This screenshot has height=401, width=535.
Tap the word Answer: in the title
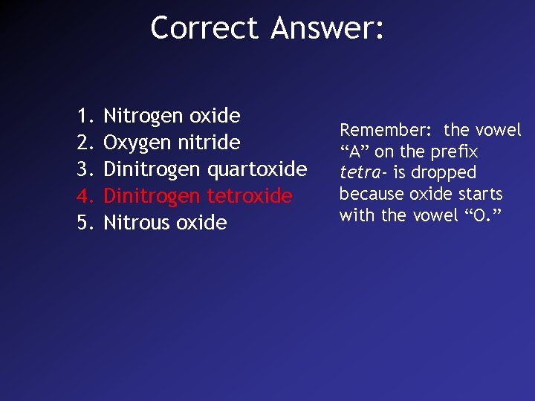pyautogui.click(x=328, y=28)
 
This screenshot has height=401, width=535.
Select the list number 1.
pyautogui.click(x=83, y=116)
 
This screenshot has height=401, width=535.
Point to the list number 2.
pyautogui.click(x=83, y=143)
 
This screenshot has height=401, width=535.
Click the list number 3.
pyautogui.click(x=83, y=169)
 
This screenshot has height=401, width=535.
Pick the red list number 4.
pyautogui.click(x=83, y=196)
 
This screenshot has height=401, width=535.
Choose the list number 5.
pyautogui.click(x=83, y=223)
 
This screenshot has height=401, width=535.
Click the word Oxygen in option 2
pyautogui.click(x=137, y=143)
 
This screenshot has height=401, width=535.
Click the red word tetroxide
pyautogui.click(x=249, y=196)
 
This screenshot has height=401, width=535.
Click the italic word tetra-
pyautogui.click(x=363, y=173)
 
